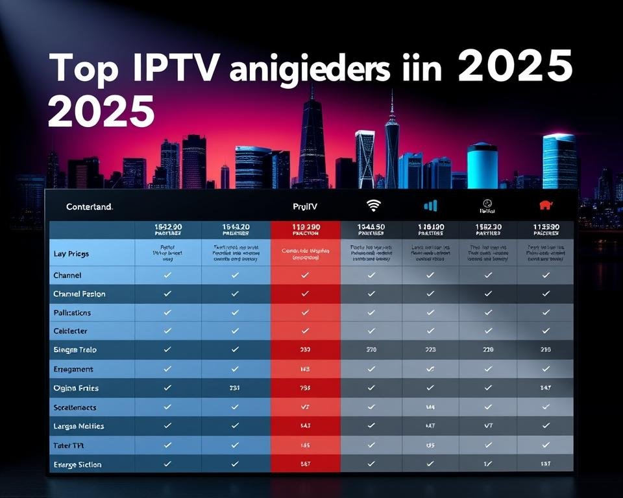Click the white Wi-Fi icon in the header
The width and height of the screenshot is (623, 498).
373,206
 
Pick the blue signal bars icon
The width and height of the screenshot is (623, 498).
430,206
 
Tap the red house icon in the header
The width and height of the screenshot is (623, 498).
546,206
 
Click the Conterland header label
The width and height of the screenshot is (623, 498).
90,207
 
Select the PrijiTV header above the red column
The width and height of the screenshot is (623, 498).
306,207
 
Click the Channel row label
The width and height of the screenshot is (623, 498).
67,275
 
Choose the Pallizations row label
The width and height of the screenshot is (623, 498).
72,313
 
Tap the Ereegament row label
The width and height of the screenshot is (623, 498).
73,369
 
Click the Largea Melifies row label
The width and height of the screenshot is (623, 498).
79,426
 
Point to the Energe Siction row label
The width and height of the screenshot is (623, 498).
77,464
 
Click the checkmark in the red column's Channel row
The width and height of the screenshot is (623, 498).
305,275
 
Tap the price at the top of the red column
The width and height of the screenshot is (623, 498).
306,228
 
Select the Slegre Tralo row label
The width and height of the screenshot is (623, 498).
75,350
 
